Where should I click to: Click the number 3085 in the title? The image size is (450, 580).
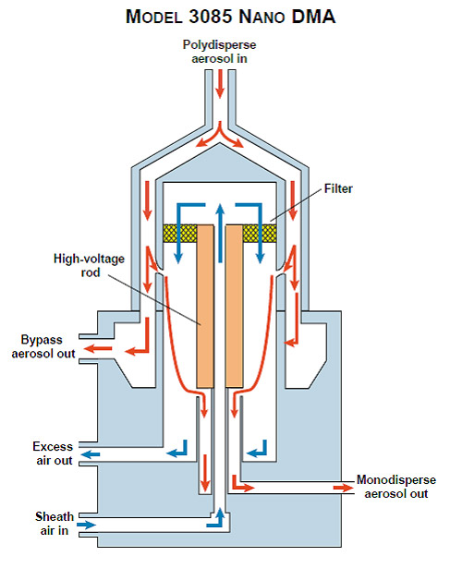pyautogui.click(x=211, y=17)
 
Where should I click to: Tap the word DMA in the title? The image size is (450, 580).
pyautogui.click(x=313, y=17)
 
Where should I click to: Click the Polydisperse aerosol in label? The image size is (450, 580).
pyautogui.click(x=219, y=52)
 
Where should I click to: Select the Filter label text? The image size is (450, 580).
pyautogui.click(x=338, y=188)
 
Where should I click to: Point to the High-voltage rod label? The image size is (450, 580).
pyautogui.click(x=90, y=265)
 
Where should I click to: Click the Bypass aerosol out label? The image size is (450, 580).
pyautogui.click(x=43, y=346)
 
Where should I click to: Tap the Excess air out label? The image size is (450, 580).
pyautogui.click(x=53, y=453)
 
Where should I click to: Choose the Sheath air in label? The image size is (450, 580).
pyautogui.click(x=55, y=524)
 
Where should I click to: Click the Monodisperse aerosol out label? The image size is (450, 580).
pyautogui.click(x=396, y=487)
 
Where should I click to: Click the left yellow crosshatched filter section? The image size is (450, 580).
pyautogui.click(x=180, y=234)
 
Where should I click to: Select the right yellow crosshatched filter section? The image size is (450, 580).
pyautogui.click(x=260, y=234)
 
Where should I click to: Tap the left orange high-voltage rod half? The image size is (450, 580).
pyautogui.click(x=205, y=307)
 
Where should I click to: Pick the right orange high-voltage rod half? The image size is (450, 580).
pyautogui.click(x=235, y=307)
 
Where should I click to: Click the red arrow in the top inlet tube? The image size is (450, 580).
pyautogui.click(x=220, y=84)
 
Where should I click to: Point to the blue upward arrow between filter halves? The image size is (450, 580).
pyautogui.click(x=220, y=234)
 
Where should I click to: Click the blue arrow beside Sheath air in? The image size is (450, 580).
pyautogui.click(x=86, y=525)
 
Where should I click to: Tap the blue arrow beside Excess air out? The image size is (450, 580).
pyautogui.click(x=91, y=453)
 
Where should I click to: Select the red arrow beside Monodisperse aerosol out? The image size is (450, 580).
pyautogui.click(x=344, y=488)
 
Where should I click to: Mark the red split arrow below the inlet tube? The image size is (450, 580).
pyautogui.click(x=220, y=136)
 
